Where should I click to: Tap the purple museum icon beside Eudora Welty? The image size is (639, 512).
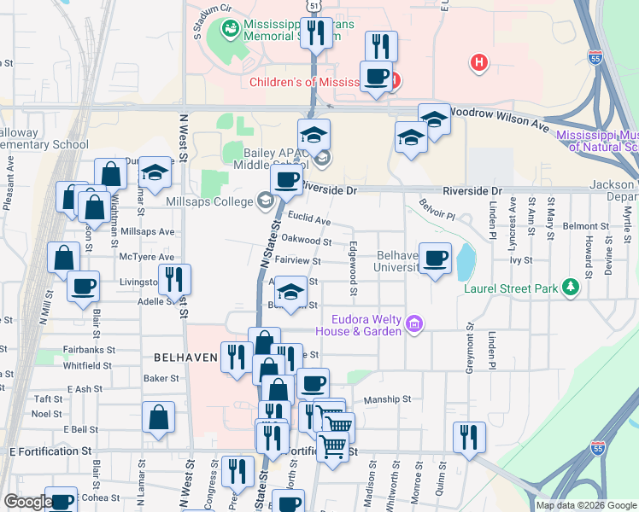414,323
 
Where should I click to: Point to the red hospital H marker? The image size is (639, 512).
479,62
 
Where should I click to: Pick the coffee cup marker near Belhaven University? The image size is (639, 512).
435,258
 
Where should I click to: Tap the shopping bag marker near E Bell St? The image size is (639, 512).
159,418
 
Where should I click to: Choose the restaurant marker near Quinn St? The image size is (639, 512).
469,437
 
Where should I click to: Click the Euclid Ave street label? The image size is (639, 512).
308,219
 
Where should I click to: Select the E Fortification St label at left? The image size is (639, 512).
50,451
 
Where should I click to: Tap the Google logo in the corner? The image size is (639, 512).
27,503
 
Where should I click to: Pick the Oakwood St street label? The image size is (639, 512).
306,241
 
